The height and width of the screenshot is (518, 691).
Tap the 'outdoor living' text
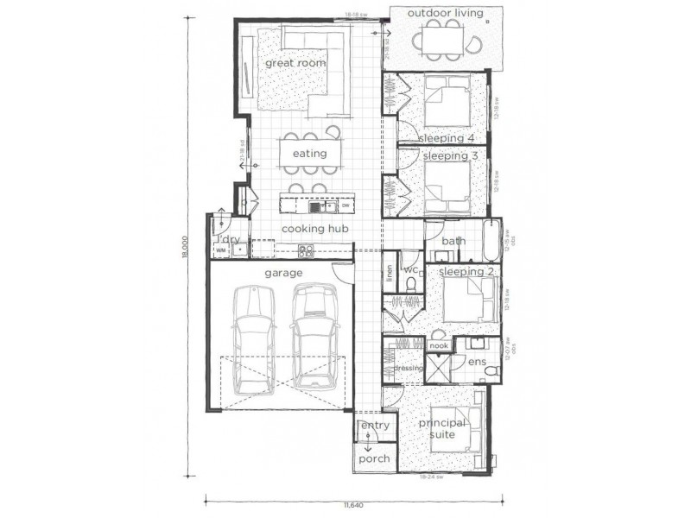click(x=444, y=13)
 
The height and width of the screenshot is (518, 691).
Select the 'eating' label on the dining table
click(x=309, y=154)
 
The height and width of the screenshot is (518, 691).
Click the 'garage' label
click(x=283, y=273)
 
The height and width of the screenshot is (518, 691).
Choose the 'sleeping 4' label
click(x=447, y=138)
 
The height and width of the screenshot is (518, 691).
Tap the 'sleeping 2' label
click(x=467, y=272)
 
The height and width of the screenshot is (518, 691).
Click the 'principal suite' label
click(x=442, y=429)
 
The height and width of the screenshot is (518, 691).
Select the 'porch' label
click(x=374, y=458)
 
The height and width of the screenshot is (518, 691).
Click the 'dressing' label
click(x=408, y=368)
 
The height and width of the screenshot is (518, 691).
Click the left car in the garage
click(x=254, y=338)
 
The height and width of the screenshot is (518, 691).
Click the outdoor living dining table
click(x=444, y=40)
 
